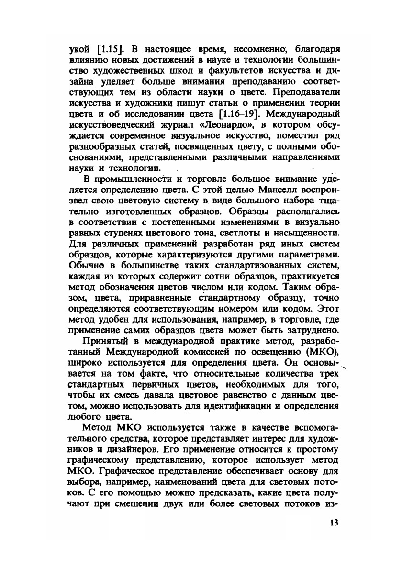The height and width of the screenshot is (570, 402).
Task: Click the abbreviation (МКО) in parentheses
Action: pos(322,353)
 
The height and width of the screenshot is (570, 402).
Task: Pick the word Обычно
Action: pos(86,265)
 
